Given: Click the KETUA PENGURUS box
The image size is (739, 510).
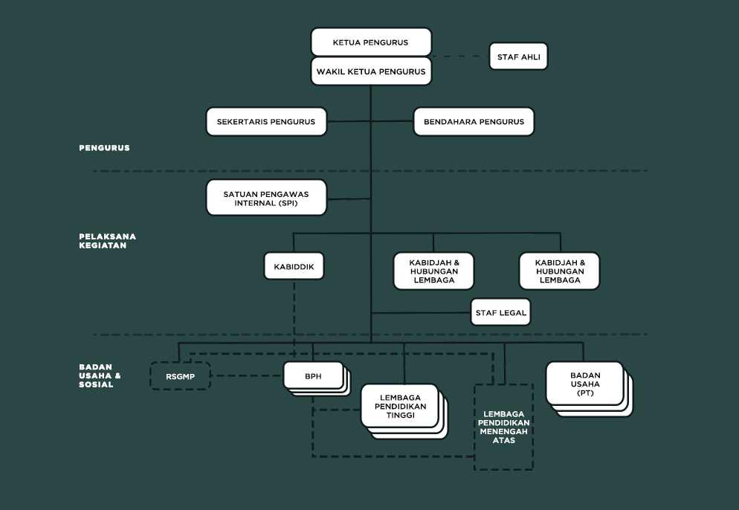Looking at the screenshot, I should point(371,42).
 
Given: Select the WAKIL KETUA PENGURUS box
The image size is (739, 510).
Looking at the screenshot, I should point(371,71).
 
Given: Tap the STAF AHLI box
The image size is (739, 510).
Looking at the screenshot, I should point(518,57).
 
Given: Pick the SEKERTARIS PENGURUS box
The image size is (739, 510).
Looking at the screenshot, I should point(266,122).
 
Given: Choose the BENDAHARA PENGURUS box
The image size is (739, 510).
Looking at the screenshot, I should point(474,122).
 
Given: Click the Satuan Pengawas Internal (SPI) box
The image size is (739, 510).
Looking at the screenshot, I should point(266,198).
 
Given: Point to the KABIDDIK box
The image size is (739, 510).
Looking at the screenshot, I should point(294,265).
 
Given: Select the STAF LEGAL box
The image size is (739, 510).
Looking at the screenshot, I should point(500,313).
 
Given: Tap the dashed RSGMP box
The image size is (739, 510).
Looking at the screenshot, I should point(181,375).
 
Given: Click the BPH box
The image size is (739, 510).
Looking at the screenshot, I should point(313,375).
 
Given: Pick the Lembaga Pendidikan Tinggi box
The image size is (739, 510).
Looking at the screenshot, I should point(399,407).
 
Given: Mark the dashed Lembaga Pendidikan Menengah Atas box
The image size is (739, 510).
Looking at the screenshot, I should point(504,427).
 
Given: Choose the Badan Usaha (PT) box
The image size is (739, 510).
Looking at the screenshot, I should point(584,384).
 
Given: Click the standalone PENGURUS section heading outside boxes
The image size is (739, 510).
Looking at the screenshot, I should point(104,148).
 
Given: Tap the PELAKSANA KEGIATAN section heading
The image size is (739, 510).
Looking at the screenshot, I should point(107,241).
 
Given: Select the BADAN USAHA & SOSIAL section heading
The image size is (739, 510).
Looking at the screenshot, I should point(100,375).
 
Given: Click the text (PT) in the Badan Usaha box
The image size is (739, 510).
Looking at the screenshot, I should point(585,393).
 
